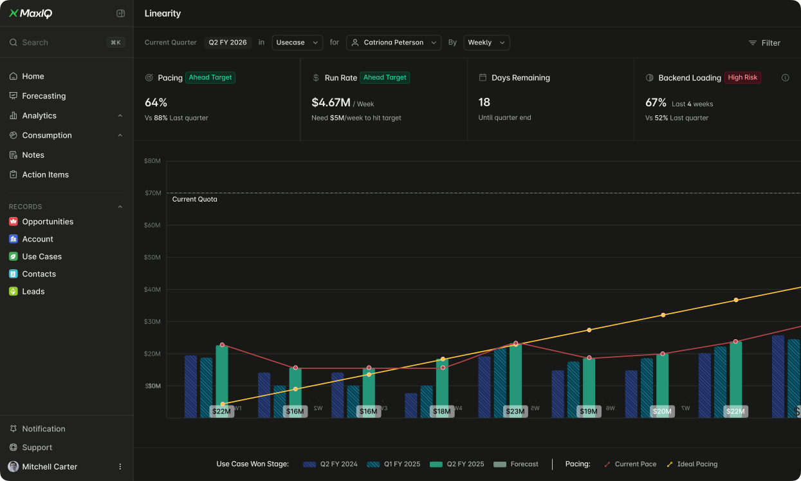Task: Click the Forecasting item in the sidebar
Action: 44,96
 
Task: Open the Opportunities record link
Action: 47,222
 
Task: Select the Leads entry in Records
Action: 33,292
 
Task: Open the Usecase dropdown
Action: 297,42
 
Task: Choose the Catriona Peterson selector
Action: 394,42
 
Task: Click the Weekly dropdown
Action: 486,42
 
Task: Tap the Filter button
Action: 764,43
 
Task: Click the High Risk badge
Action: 742,77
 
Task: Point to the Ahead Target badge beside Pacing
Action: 210,77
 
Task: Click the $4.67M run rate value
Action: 331,102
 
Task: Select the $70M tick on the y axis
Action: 152,193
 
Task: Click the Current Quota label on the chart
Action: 194,200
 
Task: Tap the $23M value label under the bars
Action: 515,411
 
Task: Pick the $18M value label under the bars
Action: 441,411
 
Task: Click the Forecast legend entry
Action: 517,464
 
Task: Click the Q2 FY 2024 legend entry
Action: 331,464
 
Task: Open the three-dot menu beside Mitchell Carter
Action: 120,467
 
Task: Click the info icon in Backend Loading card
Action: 785,77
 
